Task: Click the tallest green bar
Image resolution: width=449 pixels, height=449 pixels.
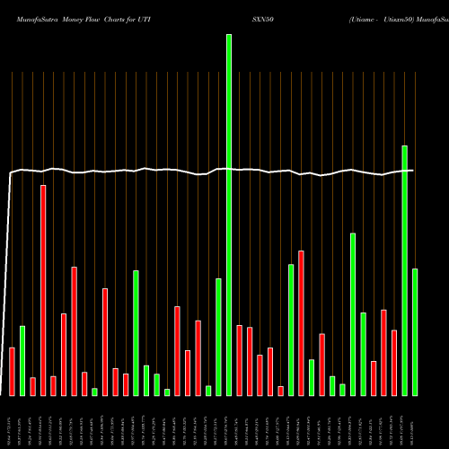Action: (x=229, y=216)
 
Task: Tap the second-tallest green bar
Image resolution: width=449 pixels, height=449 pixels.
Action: (x=404, y=270)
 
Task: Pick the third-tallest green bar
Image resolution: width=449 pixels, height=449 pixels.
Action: (x=353, y=314)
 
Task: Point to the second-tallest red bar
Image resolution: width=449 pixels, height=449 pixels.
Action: (x=301, y=323)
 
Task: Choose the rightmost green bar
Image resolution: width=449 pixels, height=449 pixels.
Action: (x=415, y=332)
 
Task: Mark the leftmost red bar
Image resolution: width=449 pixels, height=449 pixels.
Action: (x=12, y=371)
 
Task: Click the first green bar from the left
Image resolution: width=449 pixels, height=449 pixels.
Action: (x=22, y=360)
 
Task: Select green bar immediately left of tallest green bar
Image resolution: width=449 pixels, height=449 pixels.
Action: (x=218, y=337)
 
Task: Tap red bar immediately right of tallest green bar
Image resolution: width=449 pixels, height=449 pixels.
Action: (x=239, y=360)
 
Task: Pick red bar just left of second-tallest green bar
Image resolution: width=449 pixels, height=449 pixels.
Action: (x=394, y=363)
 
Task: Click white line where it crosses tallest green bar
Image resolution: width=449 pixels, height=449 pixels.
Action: (x=229, y=169)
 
